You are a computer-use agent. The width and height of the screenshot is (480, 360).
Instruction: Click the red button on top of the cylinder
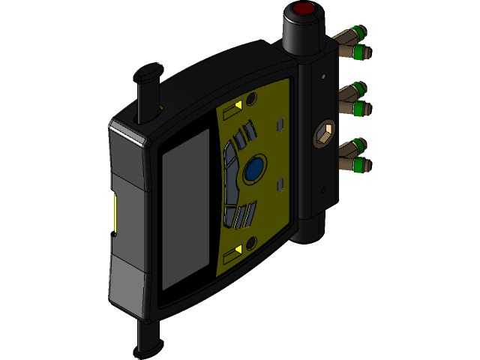tap(303, 10)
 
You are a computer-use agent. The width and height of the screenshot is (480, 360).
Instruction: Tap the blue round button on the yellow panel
tap(254, 168)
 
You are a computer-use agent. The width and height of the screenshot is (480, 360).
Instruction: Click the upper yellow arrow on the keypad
tap(234, 107)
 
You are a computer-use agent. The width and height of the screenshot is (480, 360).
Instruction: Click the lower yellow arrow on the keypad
tap(236, 249)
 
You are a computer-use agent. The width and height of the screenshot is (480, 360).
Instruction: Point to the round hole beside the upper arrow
tap(251, 98)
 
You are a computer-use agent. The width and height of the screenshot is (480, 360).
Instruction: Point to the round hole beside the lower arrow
tap(251, 242)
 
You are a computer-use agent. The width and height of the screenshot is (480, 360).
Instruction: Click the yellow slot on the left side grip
tap(115, 213)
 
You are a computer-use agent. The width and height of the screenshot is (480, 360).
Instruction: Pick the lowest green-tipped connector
tap(361, 163)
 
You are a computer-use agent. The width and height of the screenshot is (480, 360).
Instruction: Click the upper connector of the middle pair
tap(358, 89)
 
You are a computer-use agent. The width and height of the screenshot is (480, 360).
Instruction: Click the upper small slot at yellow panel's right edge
tap(280, 123)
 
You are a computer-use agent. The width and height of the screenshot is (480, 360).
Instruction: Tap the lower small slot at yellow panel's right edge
tap(280, 184)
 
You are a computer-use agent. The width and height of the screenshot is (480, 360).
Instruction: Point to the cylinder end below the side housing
tap(313, 229)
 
